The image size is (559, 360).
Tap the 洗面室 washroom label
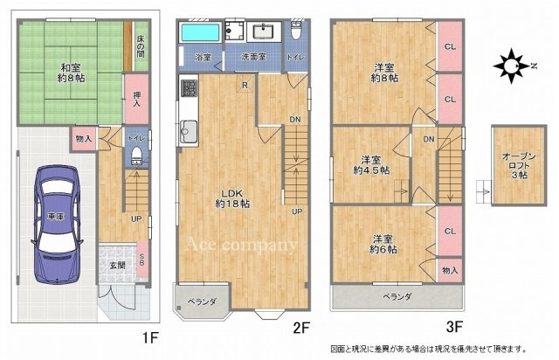point(254,58)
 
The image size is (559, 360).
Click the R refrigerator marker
point(245,85)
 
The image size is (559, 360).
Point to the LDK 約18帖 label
point(233,197)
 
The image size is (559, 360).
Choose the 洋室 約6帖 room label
point(383,244)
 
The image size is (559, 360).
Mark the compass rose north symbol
point(507,64)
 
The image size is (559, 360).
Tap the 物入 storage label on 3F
point(449,271)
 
